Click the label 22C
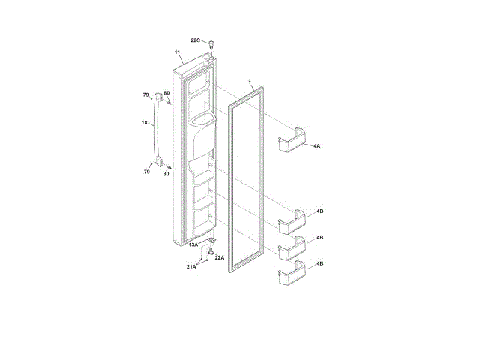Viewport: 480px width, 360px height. click(195, 40)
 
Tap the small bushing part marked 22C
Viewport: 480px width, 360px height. click(211, 44)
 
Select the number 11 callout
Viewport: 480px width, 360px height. click(177, 52)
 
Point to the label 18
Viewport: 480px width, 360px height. click(145, 123)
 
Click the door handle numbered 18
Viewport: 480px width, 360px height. click(158, 130)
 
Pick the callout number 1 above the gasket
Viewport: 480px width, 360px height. click(250, 82)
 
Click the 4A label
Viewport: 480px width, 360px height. click(316, 146)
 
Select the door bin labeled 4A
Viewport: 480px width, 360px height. click(292, 140)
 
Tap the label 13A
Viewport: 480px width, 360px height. click(193, 245)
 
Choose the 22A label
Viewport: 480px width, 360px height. click(220, 258)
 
